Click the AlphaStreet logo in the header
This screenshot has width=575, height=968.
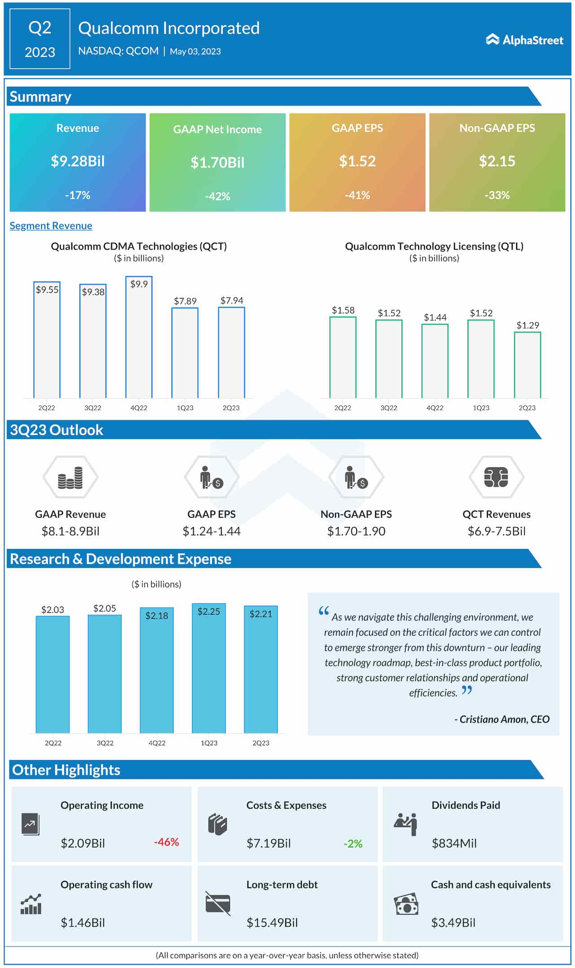click(x=524, y=40)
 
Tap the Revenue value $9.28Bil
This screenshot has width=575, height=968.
click(x=78, y=161)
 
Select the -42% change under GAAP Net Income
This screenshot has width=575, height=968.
click(x=217, y=196)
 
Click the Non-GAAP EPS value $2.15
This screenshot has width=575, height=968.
click(x=497, y=161)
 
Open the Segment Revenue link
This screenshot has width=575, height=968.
click(x=51, y=226)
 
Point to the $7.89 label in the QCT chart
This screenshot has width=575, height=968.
click(x=185, y=301)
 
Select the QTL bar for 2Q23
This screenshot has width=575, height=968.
click(x=527, y=365)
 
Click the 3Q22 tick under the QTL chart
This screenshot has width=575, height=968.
click(x=389, y=408)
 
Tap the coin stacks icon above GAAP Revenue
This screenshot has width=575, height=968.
click(x=71, y=478)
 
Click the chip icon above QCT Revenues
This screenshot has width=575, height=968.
click(x=496, y=477)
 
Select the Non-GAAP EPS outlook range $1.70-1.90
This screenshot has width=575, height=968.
click(x=356, y=531)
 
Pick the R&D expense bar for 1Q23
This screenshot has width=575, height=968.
click(x=209, y=669)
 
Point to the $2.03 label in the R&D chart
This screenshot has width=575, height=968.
click(x=53, y=609)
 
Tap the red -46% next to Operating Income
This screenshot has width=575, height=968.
click(x=166, y=842)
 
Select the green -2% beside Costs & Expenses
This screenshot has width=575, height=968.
click(x=353, y=844)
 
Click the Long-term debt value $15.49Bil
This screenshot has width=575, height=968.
click(x=272, y=922)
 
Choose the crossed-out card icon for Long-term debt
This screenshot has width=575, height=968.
click(x=218, y=903)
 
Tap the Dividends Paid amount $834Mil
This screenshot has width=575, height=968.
click(x=454, y=843)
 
